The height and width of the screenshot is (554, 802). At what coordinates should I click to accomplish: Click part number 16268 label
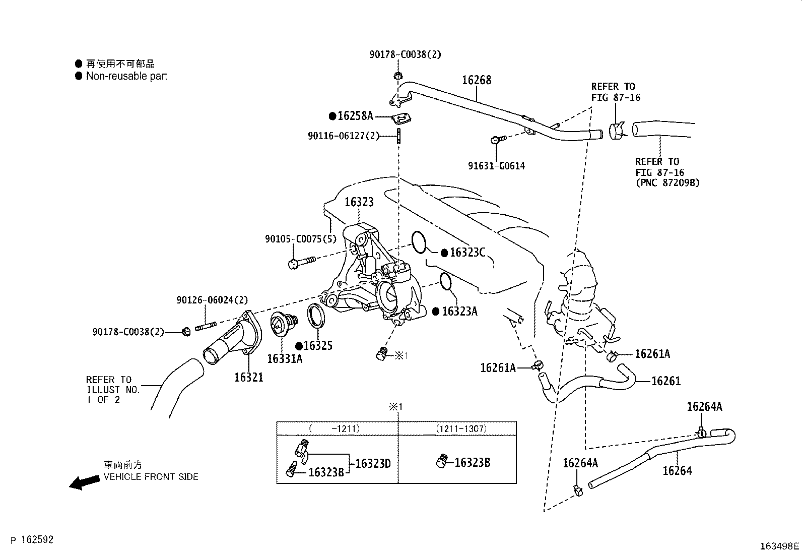(477, 80)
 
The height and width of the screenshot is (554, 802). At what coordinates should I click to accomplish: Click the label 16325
(317, 346)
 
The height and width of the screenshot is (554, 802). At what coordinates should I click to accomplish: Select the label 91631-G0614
(496, 166)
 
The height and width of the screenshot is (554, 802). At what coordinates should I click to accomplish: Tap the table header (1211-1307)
(460, 428)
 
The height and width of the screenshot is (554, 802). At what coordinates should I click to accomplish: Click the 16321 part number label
(248, 377)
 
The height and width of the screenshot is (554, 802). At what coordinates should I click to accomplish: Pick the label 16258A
(355, 116)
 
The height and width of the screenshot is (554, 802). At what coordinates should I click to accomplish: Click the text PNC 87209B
(667, 182)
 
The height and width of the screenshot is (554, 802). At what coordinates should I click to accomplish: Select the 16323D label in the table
(373, 463)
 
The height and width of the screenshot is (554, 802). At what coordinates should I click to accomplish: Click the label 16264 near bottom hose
(677, 471)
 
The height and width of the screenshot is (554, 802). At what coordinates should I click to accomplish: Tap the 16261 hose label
(666, 381)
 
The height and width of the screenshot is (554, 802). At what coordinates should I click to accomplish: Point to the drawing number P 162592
(31, 540)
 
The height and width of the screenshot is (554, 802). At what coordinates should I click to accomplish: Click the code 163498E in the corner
(779, 546)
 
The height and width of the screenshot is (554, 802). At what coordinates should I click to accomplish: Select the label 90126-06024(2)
(212, 300)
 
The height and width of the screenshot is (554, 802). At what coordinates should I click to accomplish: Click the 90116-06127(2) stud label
(343, 136)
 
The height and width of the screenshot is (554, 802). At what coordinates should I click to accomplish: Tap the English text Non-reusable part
(126, 76)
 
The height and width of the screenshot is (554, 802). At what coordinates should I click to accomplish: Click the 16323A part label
(459, 312)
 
